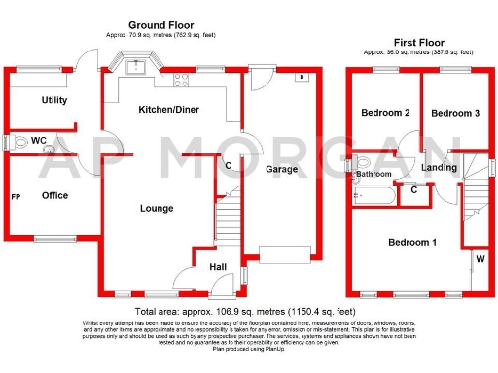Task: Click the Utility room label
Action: click(53, 100)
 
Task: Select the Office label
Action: click(54, 195)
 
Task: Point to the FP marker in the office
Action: click(16, 196)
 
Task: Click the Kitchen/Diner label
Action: click(168, 110)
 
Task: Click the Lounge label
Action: click(157, 208)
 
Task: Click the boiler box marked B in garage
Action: click(302, 76)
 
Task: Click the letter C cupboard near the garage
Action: click(229, 165)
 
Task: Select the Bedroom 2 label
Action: click(385, 113)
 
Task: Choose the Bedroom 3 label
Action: click(455, 113)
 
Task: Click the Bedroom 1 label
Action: click(412, 241)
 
